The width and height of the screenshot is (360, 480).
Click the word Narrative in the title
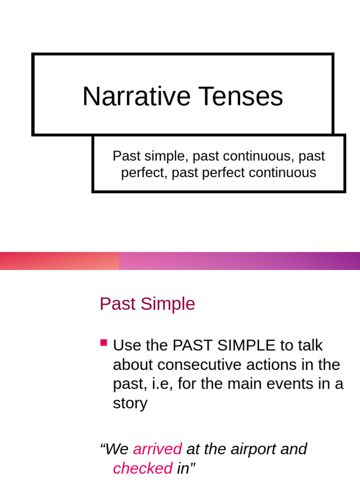coord(136,97)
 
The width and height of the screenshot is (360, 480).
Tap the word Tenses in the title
coord(240,97)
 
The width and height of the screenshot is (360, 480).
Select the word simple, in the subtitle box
coord(161,156)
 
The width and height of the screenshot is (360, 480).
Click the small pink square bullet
coord(104,343)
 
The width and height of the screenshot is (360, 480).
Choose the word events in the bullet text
coord(296,384)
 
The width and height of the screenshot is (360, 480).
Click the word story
coord(130,403)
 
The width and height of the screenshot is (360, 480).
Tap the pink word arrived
coord(157,449)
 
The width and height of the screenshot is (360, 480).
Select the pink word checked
coord(142,468)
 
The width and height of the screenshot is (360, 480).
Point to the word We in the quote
coord(117,449)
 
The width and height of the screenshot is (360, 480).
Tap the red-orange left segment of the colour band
coord(59,261)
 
